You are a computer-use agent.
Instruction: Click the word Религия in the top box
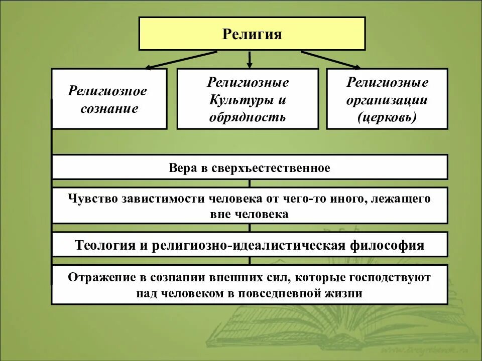click(x=252, y=34)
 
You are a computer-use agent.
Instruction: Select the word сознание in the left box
click(x=109, y=108)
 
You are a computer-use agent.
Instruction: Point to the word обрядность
click(x=248, y=117)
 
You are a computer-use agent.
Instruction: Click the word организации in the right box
click(x=387, y=100)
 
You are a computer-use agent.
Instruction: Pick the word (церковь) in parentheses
click(x=387, y=118)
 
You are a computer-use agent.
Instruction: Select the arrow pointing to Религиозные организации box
click(x=331, y=60)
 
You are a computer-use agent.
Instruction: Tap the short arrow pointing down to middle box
click(x=250, y=60)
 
